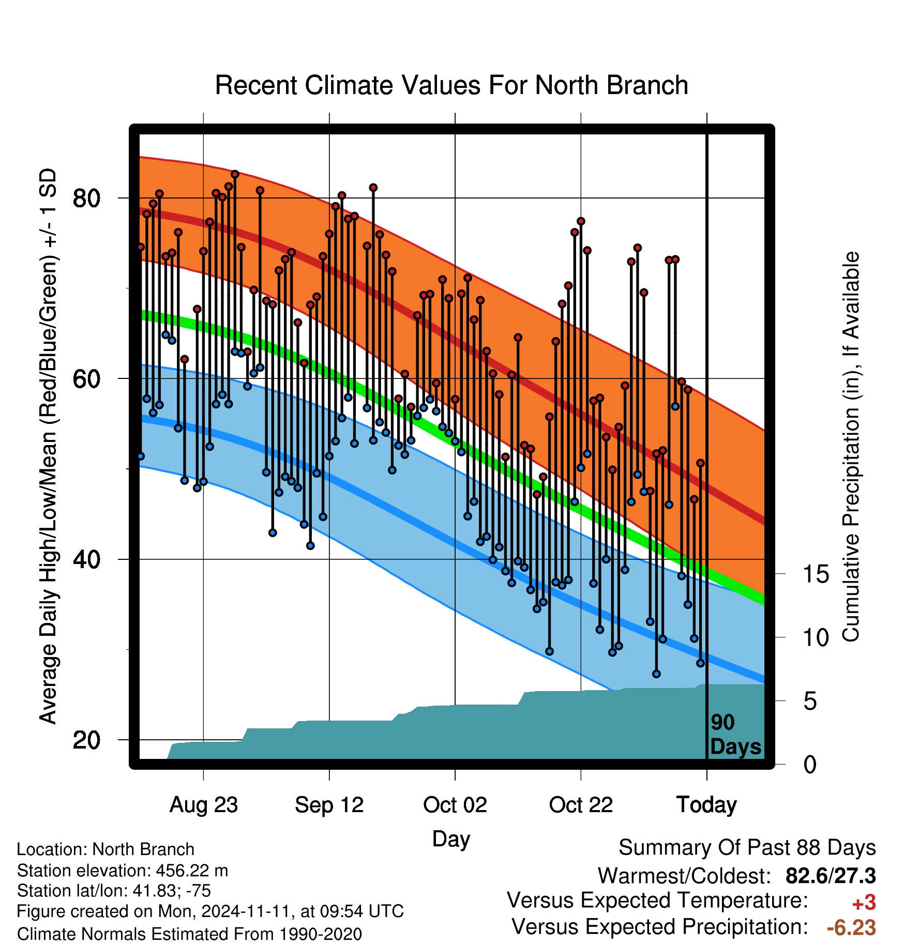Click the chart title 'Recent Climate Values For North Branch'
[x=451, y=85]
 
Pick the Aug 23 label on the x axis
[x=204, y=805]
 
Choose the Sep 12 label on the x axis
[x=329, y=805]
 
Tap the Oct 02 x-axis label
[x=455, y=805]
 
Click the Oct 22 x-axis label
[x=581, y=805]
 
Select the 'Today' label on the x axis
[x=707, y=805]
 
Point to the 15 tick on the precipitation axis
[x=816, y=574]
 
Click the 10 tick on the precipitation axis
[x=816, y=637]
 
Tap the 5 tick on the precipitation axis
[x=810, y=702]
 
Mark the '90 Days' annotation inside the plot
[x=735, y=735]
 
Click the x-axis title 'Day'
[x=451, y=839]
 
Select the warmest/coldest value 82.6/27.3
[x=831, y=876]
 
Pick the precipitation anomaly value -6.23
[x=851, y=927]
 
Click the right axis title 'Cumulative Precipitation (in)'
[x=851, y=447]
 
